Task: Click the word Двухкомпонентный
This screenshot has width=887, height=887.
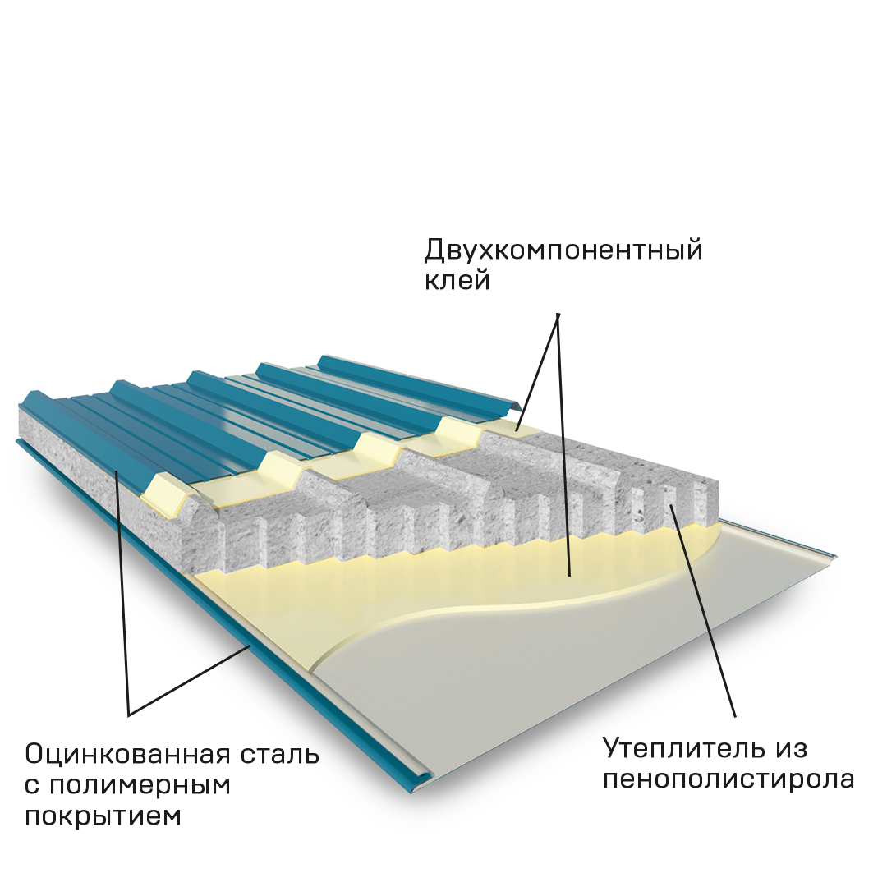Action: coord(563,250)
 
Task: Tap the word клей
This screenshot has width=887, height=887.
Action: coord(457,281)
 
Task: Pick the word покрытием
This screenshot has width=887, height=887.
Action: coord(103,816)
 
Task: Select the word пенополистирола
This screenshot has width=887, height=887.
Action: coord(728,779)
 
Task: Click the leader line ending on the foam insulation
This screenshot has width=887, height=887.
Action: coord(698,591)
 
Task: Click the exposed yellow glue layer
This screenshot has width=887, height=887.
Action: coord(460,575)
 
